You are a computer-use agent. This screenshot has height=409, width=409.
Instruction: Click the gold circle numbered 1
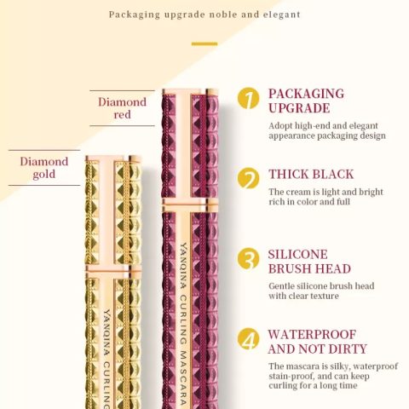tap(249, 98)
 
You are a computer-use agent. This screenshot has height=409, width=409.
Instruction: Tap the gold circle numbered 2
tap(249, 178)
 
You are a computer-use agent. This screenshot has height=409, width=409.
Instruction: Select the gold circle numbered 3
tap(249, 259)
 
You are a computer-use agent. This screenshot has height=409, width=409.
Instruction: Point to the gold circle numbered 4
tap(249, 339)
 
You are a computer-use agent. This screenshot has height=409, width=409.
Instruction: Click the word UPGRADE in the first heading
tap(299, 108)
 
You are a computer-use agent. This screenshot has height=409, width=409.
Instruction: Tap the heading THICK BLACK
tap(311, 174)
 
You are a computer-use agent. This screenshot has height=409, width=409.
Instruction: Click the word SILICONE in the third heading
tap(298, 254)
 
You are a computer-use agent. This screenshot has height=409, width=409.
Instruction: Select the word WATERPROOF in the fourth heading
tap(312, 334)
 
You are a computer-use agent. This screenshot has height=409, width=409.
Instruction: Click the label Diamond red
tap(123, 108)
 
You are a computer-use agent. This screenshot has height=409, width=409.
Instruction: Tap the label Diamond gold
tap(44, 168)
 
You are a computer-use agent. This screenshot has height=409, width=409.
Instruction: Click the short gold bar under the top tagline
tap(204, 43)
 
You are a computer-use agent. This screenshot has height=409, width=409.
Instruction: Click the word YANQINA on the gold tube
tap(107, 333)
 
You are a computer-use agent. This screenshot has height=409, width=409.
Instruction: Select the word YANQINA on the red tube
tap(183, 266)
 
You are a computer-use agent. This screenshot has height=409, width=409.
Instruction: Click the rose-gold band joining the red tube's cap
tap(190, 205)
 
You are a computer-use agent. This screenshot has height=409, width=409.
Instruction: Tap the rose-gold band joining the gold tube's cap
tap(113, 272)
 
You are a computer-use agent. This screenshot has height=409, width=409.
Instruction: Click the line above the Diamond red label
tap(123, 90)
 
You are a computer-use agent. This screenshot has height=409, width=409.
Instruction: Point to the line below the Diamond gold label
tap(44, 185)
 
